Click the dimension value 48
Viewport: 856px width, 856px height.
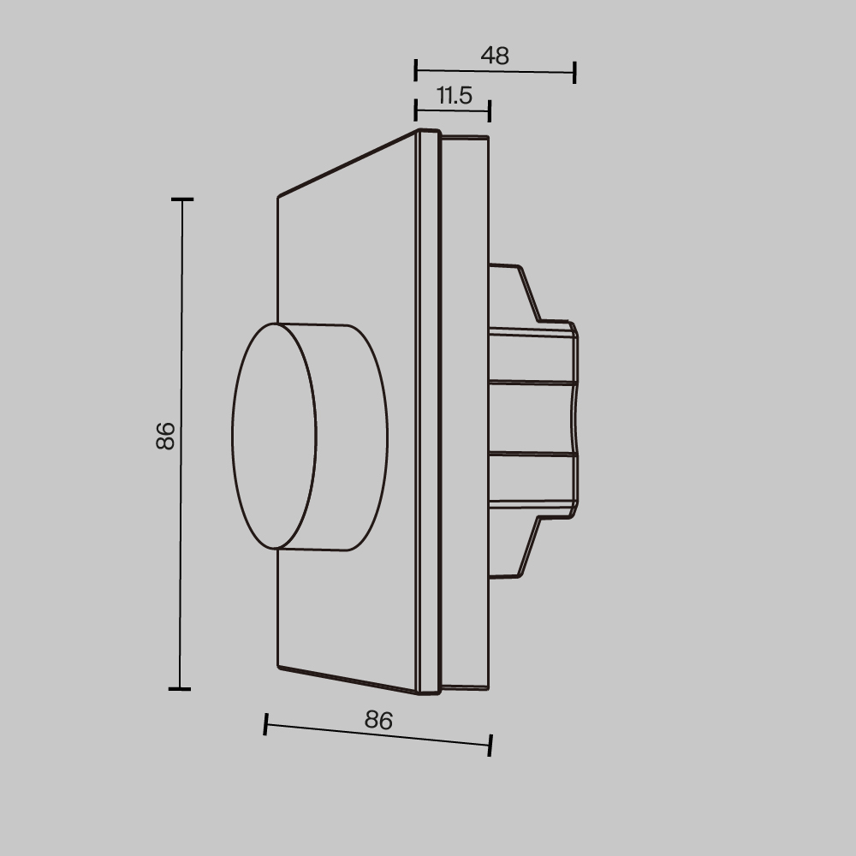[495, 56]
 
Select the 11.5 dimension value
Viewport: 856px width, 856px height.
[455, 96]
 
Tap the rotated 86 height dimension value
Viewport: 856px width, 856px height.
[165, 436]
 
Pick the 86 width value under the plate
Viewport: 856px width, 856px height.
[378, 721]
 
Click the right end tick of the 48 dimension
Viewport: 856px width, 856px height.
[574, 73]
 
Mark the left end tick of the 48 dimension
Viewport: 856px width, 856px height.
[416, 70]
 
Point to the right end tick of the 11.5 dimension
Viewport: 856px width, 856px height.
[489, 110]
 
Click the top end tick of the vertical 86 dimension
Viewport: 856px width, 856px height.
[181, 199]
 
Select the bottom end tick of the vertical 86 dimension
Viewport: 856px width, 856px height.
[180, 688]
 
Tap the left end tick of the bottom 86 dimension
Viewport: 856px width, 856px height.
[265, 724]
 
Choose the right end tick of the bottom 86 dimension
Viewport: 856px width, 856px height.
[490, 745]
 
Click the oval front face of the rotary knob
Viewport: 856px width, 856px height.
[274, 436]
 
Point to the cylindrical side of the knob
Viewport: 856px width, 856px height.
[351, 437]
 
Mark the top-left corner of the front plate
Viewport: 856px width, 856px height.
[279, 198]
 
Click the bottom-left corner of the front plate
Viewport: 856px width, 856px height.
[280, 665]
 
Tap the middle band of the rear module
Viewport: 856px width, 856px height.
[531, 418]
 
